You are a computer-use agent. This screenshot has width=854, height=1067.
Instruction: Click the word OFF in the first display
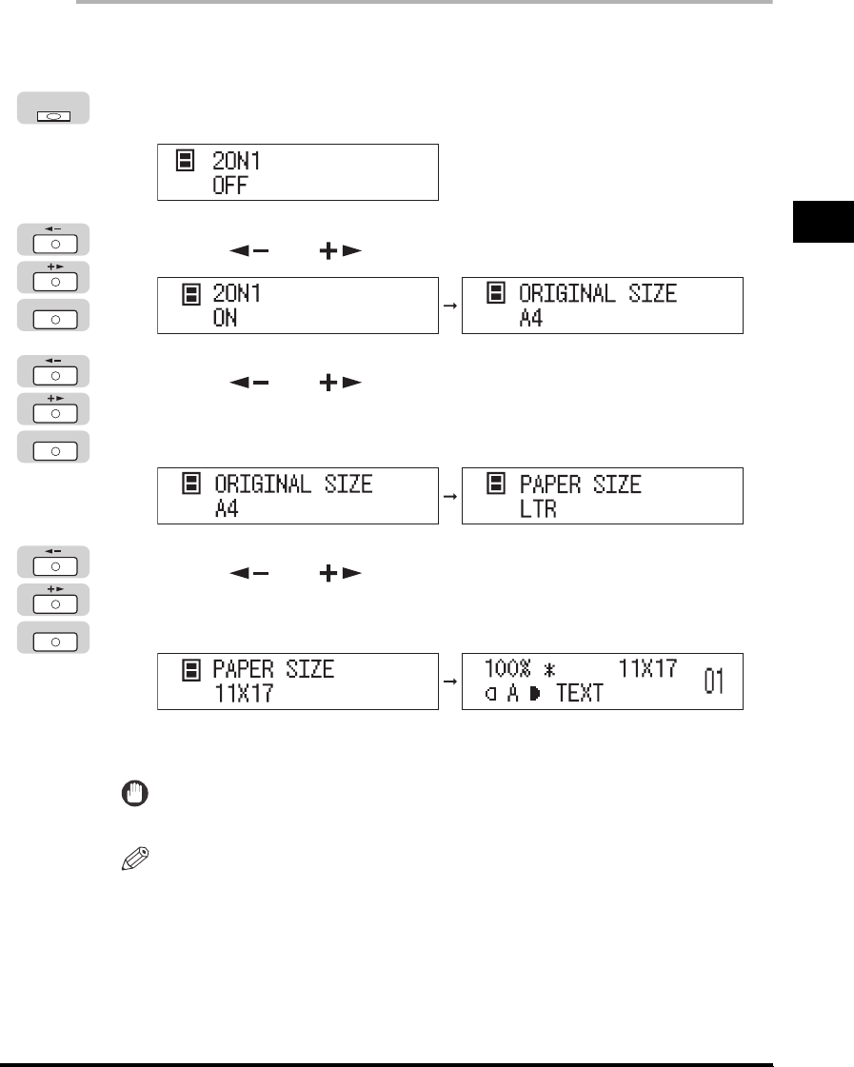[x=228, y=187]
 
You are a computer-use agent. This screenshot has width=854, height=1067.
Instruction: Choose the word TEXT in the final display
[x=580, y=694]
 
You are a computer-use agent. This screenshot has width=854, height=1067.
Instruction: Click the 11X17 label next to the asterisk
[x=647, y=669]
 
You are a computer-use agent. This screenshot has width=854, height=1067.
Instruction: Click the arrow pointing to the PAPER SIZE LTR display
[x=450, y=496]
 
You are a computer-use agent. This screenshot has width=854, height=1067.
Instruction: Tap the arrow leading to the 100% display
[x=450, y=682]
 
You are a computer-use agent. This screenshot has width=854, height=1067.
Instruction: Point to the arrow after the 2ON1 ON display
[x=450, y=306]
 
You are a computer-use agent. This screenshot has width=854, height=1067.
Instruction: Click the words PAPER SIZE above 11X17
[x=273, y=669]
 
